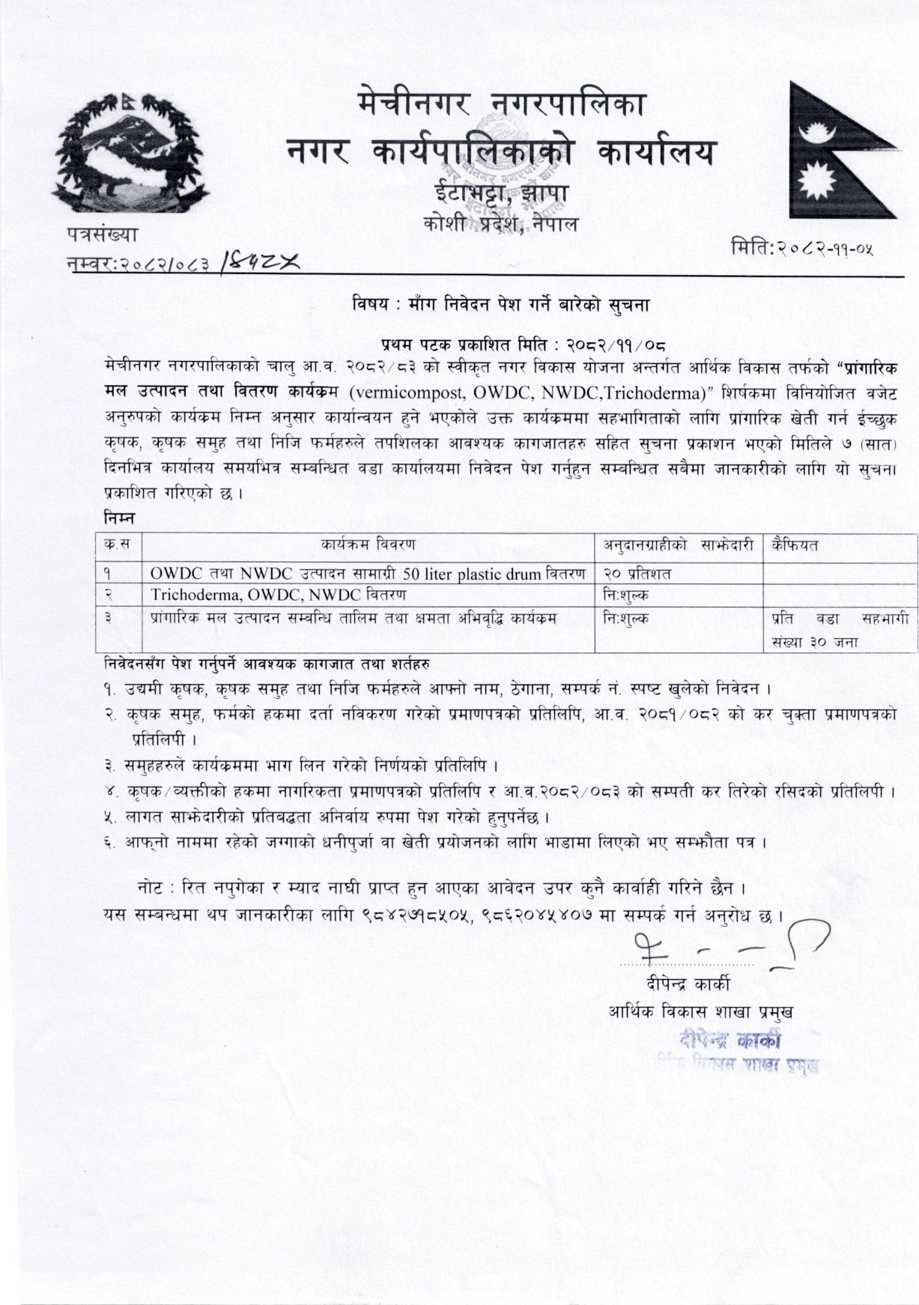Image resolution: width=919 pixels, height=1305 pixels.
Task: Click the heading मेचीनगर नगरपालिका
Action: [x=501, y=107]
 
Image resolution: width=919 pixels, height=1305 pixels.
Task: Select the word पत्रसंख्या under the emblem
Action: [x=101, y=234]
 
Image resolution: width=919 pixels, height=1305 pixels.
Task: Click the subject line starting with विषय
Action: [x=504, y=305]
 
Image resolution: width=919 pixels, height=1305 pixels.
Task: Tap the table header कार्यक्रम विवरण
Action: [x=368, y=545]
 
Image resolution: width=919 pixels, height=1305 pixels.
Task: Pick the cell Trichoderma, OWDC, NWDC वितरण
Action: [x=279, y=595]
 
